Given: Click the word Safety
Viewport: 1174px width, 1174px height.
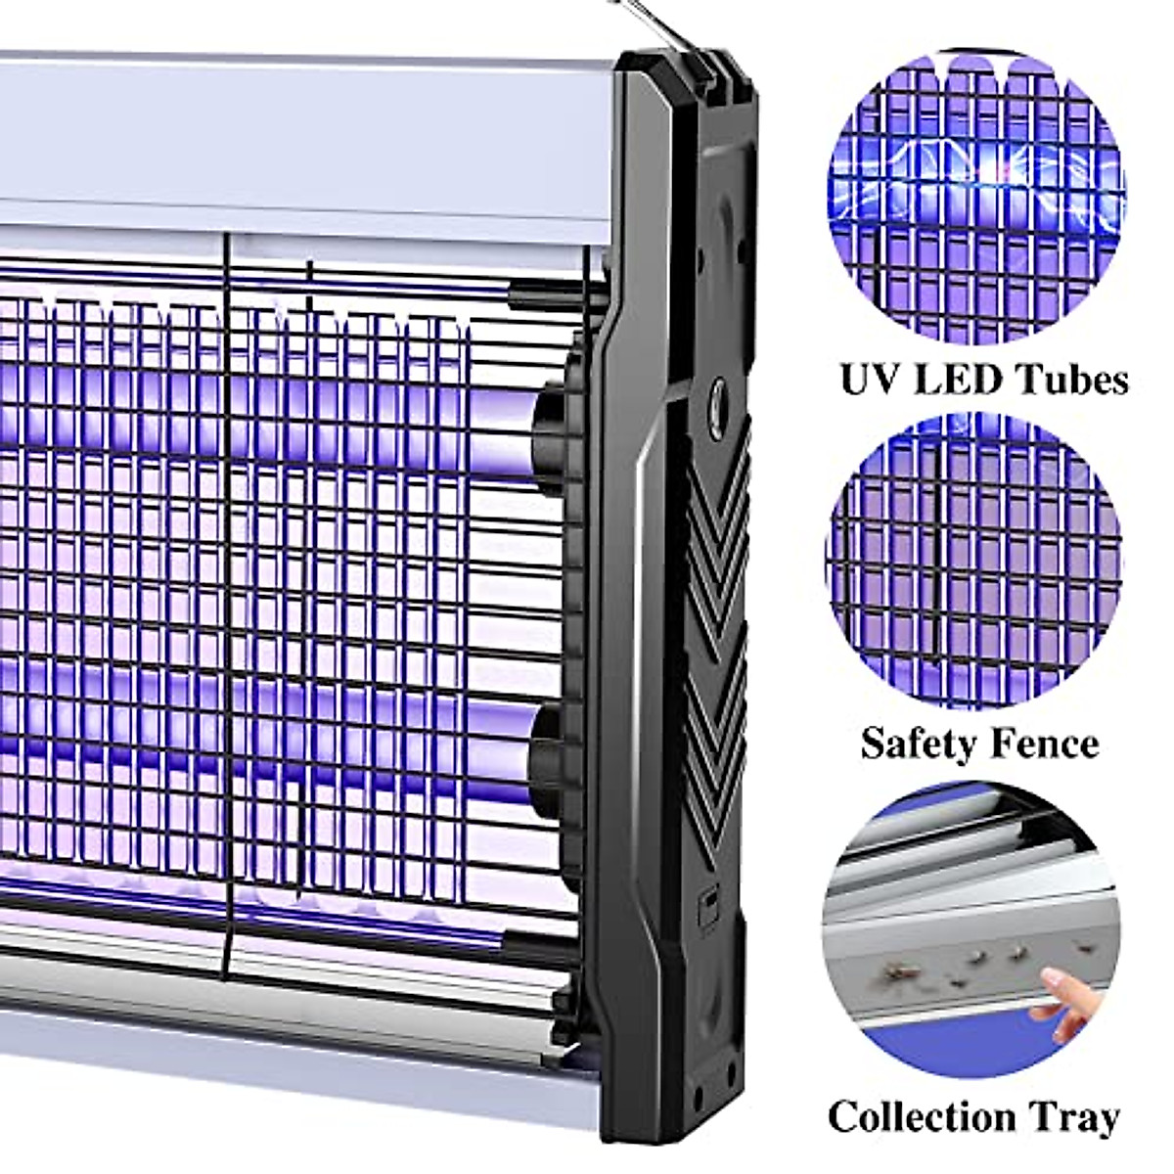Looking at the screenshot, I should coord(916,743).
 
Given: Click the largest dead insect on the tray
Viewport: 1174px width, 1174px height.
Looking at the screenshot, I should coord(898,972).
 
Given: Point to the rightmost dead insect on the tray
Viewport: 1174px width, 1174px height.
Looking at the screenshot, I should coord(1081,946).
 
